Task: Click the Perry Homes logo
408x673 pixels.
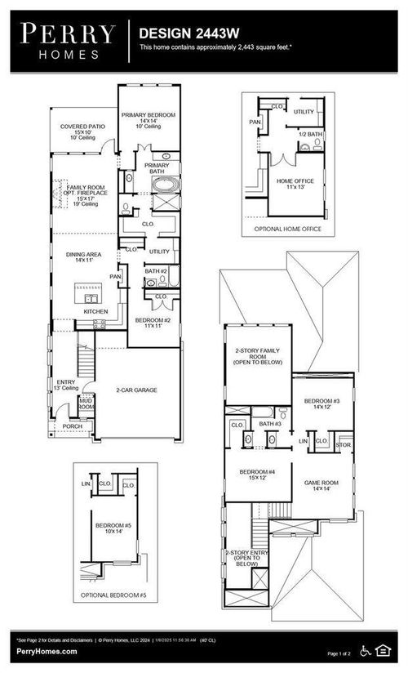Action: point(68,41)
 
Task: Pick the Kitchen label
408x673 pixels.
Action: point(95,312)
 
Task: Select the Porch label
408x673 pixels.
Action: point(72,426)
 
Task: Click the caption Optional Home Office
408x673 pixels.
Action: point(288,230)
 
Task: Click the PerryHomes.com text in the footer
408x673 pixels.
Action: point(47,651)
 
